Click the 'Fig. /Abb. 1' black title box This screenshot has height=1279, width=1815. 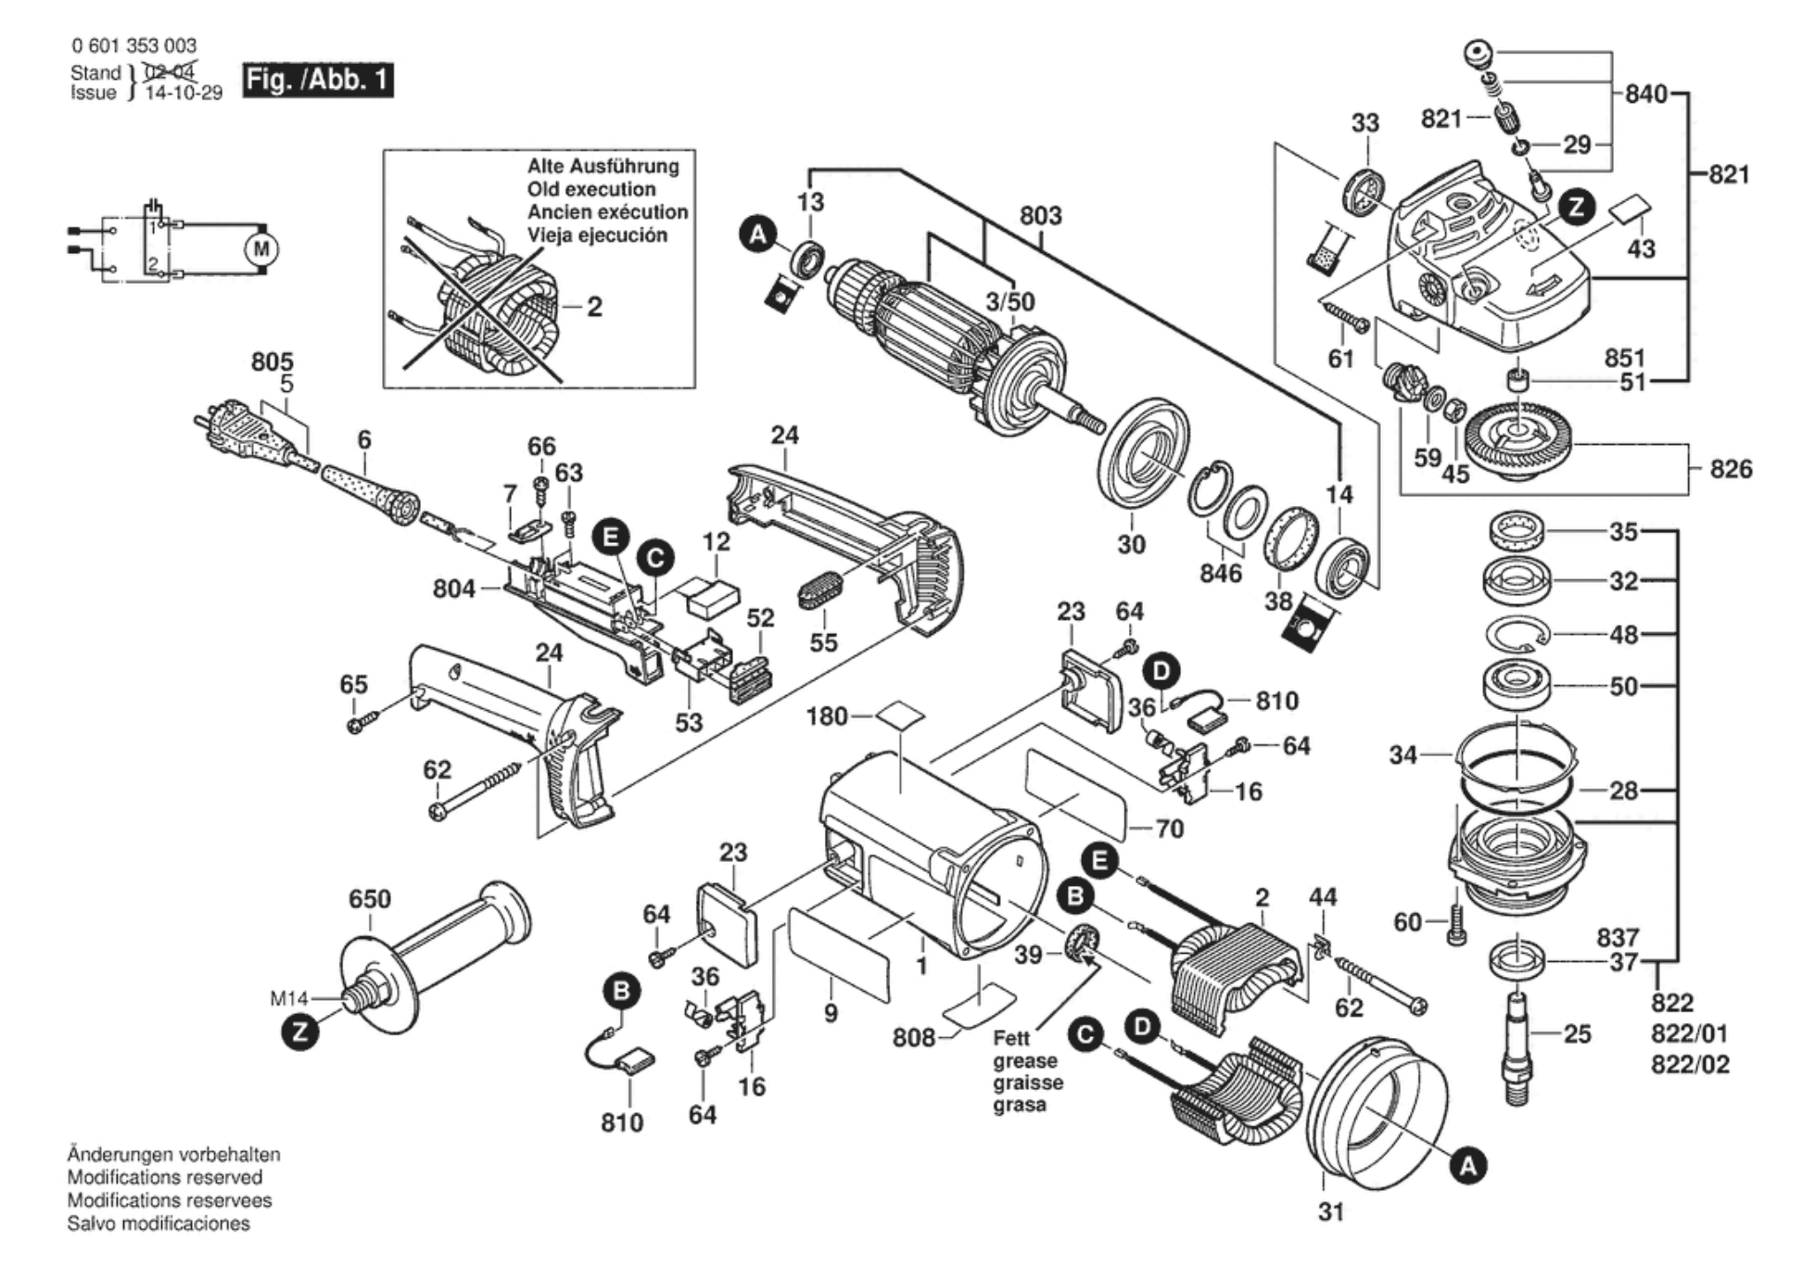(317, 80)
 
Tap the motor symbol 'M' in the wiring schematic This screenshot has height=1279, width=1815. (261, 249)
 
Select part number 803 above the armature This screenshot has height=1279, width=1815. (1040, 216)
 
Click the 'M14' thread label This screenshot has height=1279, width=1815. (288, 998)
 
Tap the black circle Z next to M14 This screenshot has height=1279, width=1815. (299, 1032)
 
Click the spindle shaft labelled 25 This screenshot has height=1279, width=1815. (1517, 1047)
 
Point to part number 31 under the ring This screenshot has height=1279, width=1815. (1330, 1211)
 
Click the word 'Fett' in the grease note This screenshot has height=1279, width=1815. (1011, 1038)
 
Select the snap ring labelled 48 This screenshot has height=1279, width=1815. (1517, 636)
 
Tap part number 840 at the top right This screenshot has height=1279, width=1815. (1645, 94)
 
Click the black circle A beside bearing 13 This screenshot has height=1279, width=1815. (758, 234)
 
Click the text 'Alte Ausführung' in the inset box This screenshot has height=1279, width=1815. (603, 166)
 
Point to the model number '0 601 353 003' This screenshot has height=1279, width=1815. (133, 45)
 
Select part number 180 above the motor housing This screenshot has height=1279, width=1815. (827, 716)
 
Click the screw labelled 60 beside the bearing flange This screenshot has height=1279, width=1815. (1456, 921)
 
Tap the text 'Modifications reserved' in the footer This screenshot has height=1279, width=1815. (164, 1177)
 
